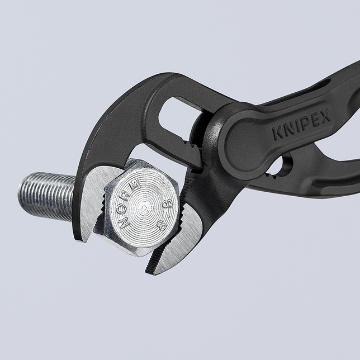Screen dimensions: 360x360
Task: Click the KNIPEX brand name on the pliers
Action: pyautogui.click(x=301, y=124)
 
